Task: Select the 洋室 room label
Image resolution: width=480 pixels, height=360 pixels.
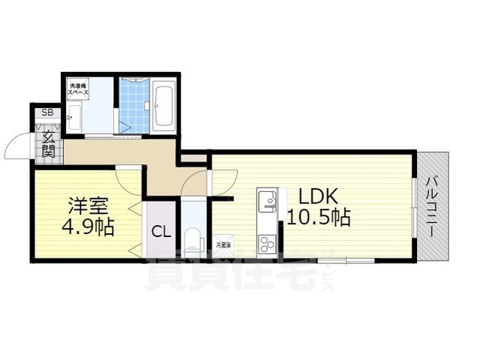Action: click(86, 205)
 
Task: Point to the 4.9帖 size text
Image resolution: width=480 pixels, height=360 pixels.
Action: click(86, 226)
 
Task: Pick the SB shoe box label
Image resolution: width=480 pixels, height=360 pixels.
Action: click(47, 113)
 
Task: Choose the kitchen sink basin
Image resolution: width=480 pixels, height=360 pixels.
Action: click(267, 201)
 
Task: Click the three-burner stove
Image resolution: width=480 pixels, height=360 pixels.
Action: click(267, 243)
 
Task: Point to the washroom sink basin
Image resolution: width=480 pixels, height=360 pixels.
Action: click(72, 117)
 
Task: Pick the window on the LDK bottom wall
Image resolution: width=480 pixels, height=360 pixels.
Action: click(346, 260)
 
